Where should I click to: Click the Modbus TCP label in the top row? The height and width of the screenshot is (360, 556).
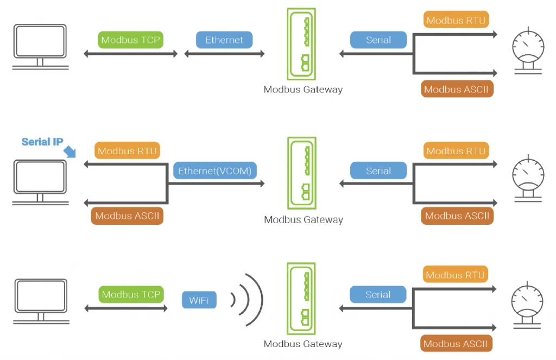coord(131,40)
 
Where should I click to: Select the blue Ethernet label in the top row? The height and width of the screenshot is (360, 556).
coord(224,40)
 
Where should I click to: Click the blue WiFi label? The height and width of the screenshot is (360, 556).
coord(199,300)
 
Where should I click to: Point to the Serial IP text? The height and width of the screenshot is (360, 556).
coord(42,142)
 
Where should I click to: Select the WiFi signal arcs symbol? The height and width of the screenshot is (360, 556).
coord(248,299)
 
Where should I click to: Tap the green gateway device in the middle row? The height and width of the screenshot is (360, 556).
coord(302,173)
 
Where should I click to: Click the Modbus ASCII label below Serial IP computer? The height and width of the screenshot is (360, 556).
coord(128,216)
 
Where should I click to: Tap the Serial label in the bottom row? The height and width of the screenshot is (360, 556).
coord(378,295)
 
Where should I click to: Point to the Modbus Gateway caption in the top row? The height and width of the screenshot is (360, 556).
coord(303,90)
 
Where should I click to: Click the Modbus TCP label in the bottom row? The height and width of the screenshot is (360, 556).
coord(131,295)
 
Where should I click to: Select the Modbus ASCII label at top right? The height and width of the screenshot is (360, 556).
coord(457,90)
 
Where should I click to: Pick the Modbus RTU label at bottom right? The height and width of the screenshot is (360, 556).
coord(455,275)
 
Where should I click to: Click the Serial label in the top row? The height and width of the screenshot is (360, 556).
coord(378,40)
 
